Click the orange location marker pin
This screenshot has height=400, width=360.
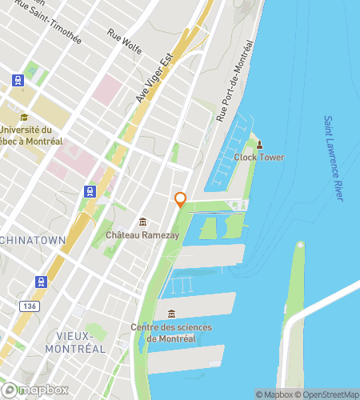pos(181,199)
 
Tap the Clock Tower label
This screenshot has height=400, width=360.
pos(259,157)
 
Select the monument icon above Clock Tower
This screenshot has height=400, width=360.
pos(259,145)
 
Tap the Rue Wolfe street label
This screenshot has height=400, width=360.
pos(125,42)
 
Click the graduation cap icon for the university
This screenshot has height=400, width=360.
pos(24,118)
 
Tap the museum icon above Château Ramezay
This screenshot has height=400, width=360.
pos(142,222)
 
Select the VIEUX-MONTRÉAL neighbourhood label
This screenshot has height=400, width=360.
pos(75,342)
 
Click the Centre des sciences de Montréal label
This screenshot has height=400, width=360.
pos(171,332)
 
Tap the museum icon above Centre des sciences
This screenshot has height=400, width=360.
pos(171,313)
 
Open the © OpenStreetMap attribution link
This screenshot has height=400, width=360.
pos(328,394)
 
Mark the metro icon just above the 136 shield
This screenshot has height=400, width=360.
pos(41,282)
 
